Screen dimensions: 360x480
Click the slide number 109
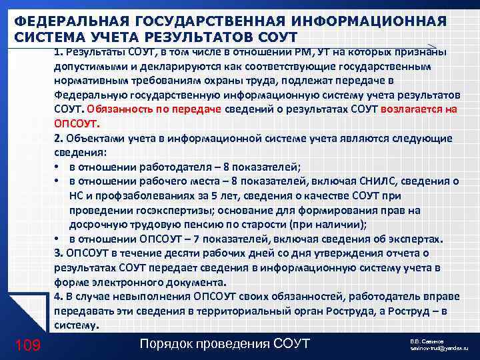pos(27,344)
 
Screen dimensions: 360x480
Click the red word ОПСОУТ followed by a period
pos(75,123)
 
